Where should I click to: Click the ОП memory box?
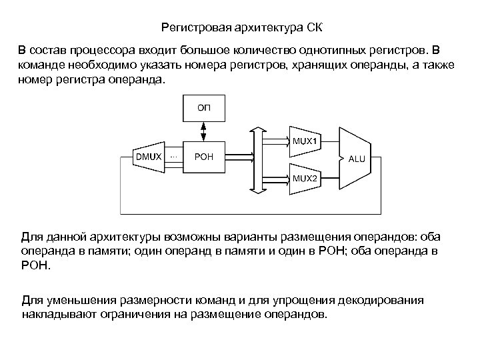coord(203,107)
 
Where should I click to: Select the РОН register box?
coord(203,157)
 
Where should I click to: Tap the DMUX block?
coord(148,157)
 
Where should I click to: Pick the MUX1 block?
coord(306,141)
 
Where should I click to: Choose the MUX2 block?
coord(306,179)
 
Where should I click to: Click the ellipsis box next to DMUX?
coord(174,157)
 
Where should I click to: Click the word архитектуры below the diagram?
coord(119,237)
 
